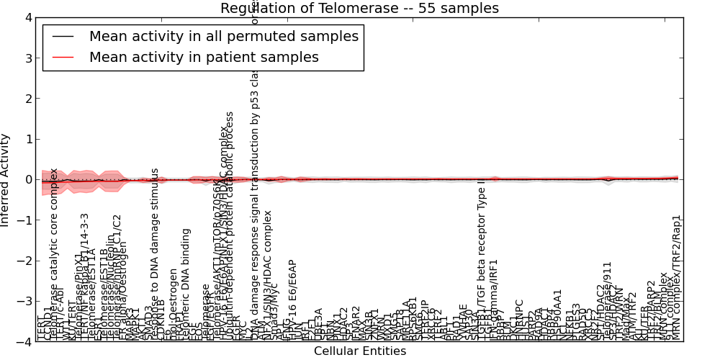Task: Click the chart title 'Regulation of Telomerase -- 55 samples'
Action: [359, 8]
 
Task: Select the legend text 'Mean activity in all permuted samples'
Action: [223, 36]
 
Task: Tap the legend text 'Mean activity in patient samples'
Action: [204, 57]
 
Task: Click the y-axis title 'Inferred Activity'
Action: [6, 179]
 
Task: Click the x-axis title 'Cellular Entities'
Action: [359, 351]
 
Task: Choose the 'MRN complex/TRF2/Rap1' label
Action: [675, 277]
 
